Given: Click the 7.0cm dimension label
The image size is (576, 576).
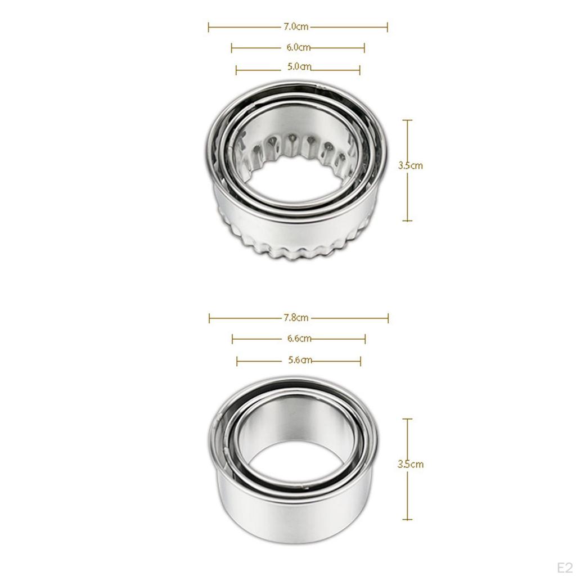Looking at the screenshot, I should click(x=296, y=26).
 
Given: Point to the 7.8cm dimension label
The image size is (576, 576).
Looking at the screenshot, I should click(x=297, y=318).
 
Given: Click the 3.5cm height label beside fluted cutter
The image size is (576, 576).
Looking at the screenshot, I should click(x=410, y=166).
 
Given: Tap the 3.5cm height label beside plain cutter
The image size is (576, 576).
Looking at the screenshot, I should click(x=410, y=465).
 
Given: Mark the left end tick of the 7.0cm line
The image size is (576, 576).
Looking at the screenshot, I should click(x=209, y=26).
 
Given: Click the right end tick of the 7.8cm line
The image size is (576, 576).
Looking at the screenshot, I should click(x=388, y=318).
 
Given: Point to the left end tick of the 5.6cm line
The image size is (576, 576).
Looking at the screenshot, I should click(x=237, y=361).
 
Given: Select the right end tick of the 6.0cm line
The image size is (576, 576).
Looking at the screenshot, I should click(x=364, y=48).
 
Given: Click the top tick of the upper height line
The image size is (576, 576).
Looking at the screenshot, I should click(x=408, y=120).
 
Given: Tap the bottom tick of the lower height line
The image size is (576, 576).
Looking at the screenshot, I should click(x=408, y=519).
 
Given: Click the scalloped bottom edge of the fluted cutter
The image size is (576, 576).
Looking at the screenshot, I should click(x=292, y=252).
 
